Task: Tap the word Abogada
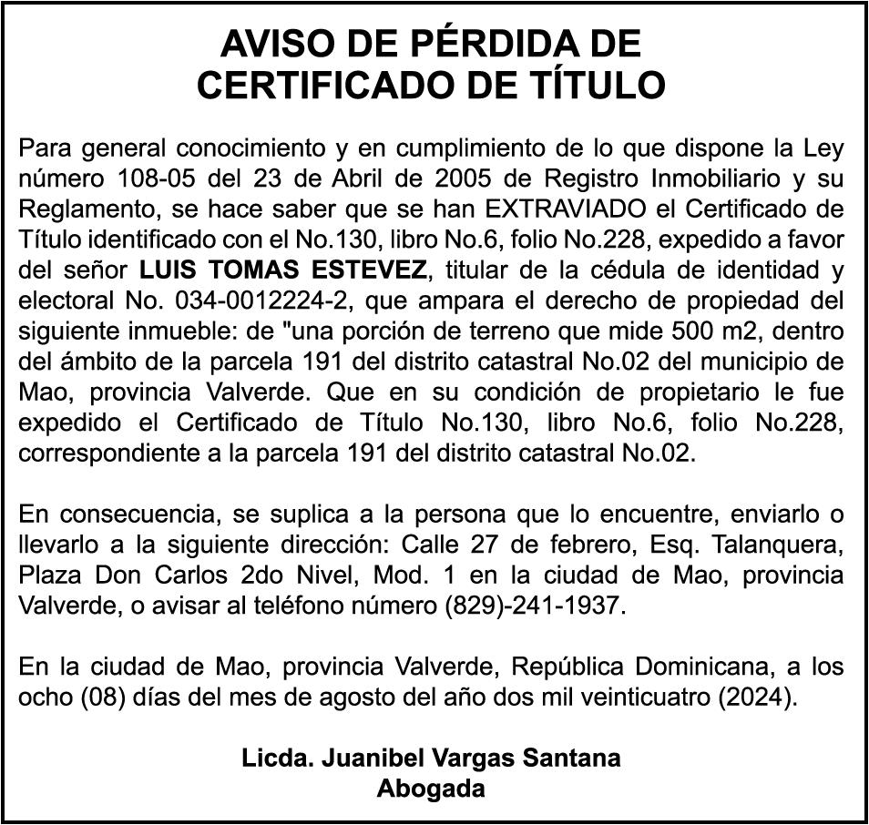click(431, 789)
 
